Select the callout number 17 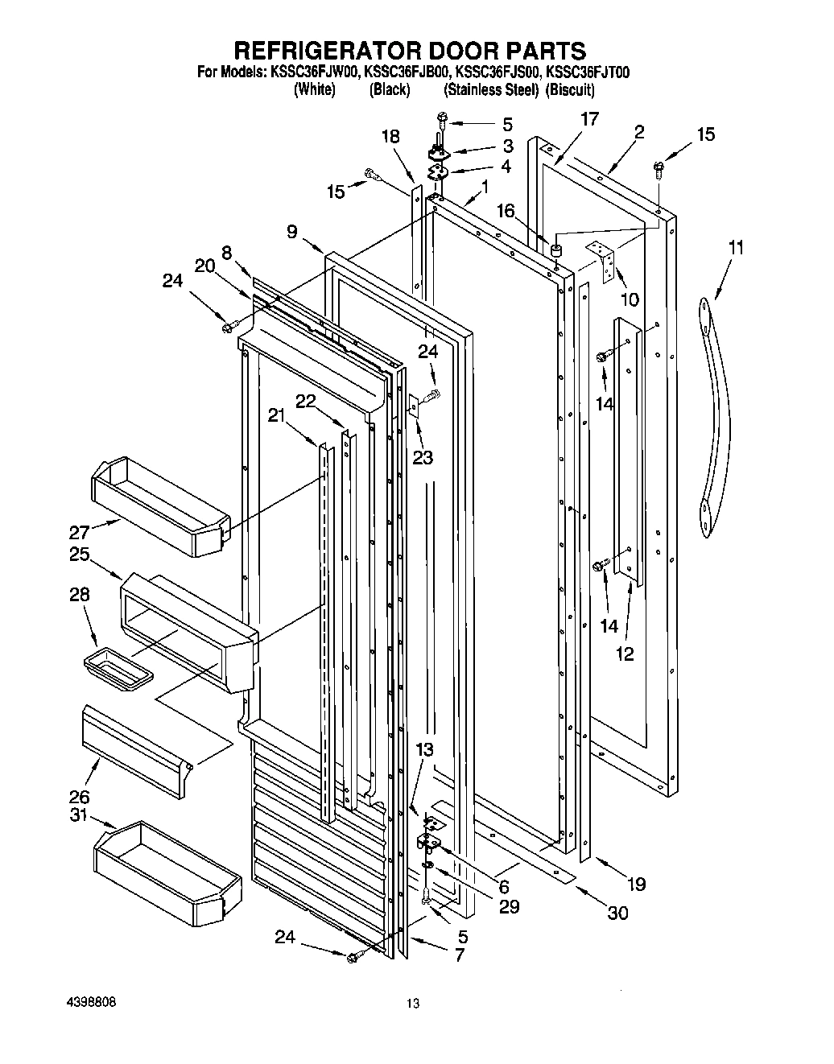click(x=589, y=119)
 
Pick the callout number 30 click(x=618, y=913)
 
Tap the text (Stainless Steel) click(x=490, y=89)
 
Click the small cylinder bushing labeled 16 click(x=554, y=251)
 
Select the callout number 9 click(x=292, y=233)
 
